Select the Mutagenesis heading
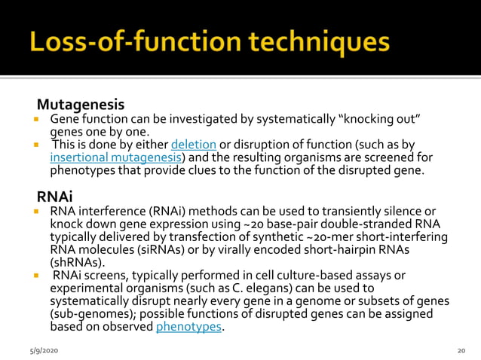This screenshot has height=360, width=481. tap(81, 103)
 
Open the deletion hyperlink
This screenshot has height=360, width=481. tap(194, 145)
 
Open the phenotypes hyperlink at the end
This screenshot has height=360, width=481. tap(189, 327)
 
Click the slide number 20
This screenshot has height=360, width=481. tap(461, 350)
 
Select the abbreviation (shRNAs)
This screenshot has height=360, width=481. tap(78, 263)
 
